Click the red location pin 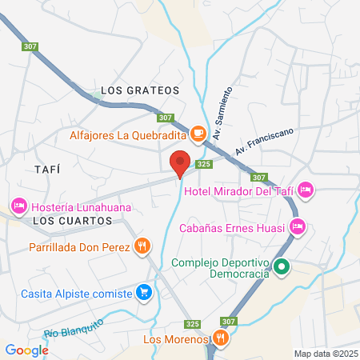[180, 163]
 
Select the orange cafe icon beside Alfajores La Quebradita [198, 132]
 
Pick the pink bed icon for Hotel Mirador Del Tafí [306, 190]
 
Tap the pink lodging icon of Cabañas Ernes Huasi [297, 227]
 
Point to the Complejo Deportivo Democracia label [221, 268]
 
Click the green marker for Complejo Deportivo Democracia [282, 267]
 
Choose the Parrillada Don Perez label [81, 246]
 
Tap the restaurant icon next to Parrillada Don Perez [142, 246]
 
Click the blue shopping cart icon [143, 292]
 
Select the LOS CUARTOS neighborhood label [65, 219]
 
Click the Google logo [27, 349]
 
